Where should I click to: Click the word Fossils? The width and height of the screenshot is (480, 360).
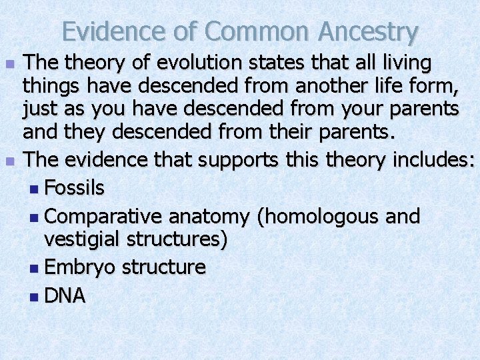(74, 189)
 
